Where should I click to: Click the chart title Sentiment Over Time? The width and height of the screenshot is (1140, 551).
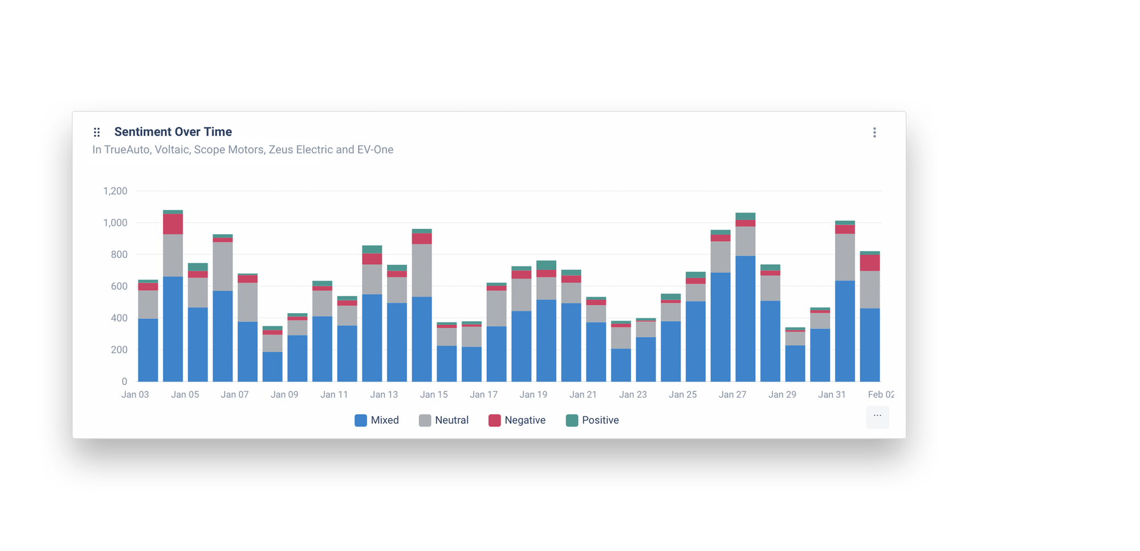click(173, 132)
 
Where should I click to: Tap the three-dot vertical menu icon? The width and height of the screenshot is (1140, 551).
click(874, 132)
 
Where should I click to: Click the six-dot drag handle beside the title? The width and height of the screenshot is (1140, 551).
click(97, 132)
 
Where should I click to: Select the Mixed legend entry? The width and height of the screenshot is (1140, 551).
click(377, 420)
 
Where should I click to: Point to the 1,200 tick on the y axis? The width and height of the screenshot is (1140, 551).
click(115, 191)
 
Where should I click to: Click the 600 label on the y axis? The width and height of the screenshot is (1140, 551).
click(119, 286)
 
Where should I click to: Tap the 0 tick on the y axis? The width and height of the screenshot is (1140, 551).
click(124, 382)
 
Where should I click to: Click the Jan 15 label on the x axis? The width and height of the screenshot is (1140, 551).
click(434, 395)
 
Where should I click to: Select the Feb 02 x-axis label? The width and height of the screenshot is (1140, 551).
click(881, 395)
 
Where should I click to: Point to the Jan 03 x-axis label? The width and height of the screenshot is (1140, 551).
click(135, 395)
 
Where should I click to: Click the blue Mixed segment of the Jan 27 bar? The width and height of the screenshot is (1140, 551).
click(745, 319)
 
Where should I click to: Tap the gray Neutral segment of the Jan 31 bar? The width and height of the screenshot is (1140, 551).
click(845, 257)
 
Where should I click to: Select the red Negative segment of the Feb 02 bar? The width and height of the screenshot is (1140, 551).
click(870, 263)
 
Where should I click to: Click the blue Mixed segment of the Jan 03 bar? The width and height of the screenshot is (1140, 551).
click(148, 350)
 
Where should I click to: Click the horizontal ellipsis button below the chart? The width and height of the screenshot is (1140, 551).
click(877, 416)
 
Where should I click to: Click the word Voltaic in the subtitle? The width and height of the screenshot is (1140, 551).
click(172, 150)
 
